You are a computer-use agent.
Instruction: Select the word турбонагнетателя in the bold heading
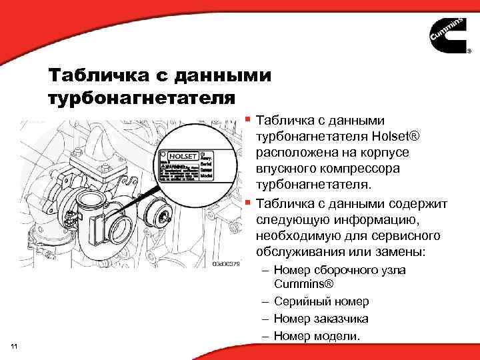point(142,99)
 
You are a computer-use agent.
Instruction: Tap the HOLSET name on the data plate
point(181,155)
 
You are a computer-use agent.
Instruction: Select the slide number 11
point(15,345)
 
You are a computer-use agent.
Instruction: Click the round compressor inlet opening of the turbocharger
point(124,230)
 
